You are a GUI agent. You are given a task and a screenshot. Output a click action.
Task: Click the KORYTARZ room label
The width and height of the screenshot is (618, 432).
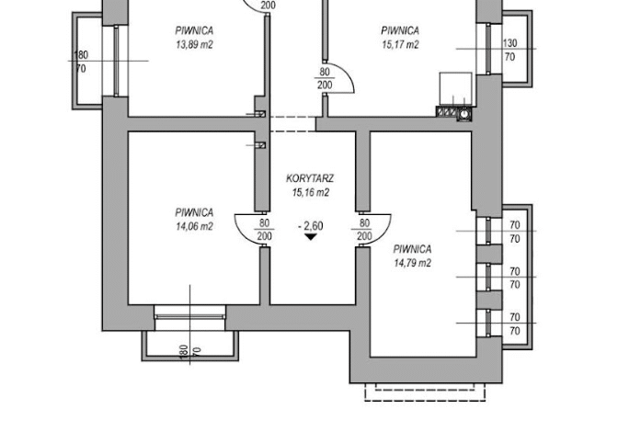point(310,178)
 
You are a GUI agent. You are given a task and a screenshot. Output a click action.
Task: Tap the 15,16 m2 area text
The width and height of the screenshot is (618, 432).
point(311,193)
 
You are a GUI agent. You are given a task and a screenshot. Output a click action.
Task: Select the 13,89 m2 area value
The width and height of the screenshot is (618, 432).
point(194,45)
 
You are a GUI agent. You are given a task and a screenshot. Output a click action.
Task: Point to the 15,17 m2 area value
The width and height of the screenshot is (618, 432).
point(400,45)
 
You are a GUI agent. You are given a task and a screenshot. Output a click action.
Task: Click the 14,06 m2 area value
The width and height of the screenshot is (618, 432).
point(194,226)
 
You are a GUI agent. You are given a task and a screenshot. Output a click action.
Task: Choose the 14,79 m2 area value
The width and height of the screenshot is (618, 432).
point(412,263)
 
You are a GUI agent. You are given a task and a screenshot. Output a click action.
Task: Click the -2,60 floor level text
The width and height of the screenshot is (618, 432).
point(311,226)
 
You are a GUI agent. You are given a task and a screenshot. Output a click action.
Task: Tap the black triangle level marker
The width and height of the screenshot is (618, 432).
point(311,236)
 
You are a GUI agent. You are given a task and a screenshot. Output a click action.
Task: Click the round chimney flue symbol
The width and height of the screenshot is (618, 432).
point(464,114)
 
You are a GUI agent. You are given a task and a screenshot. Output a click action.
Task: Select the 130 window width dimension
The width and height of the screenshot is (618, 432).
point(509,42)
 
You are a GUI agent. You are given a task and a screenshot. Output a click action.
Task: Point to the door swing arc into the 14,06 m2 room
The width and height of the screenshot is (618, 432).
point(245,233)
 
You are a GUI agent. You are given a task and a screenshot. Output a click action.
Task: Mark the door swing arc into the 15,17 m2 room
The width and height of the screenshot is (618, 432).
point(345,74)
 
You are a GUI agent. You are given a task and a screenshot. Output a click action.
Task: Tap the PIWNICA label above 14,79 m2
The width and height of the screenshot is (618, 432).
point(412,249)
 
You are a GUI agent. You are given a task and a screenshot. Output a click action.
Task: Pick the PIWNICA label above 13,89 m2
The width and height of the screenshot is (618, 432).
point(194,30)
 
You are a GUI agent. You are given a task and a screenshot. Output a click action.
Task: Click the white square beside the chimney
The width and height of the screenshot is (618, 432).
point(455,89)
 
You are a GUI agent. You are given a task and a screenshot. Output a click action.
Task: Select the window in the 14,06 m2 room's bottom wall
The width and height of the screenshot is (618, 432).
point(190,317)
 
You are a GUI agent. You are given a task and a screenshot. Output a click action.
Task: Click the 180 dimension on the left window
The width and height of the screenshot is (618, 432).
point(81,54)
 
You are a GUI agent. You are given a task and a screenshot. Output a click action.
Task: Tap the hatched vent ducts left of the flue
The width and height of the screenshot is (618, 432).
point(447,112)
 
